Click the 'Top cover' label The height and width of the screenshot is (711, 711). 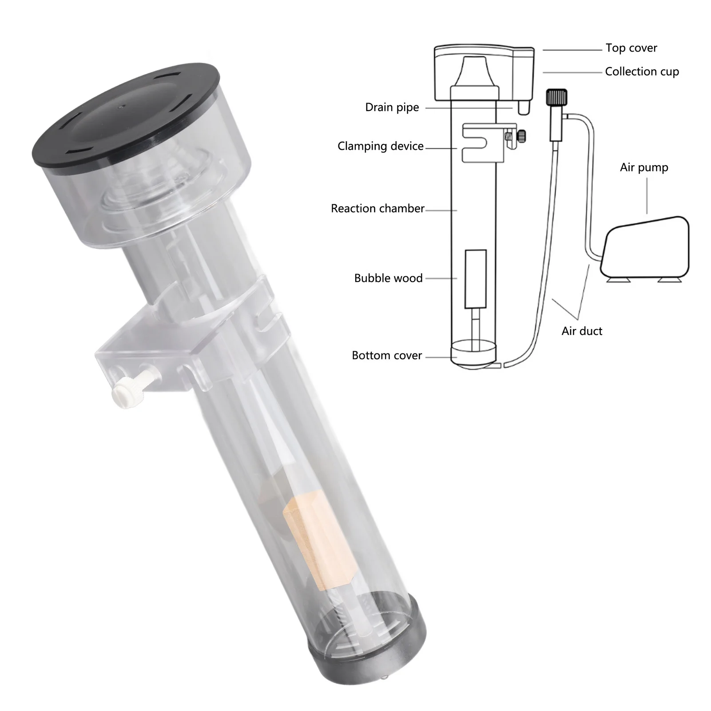(631, 48)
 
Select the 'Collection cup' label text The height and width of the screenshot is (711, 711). (642, 71)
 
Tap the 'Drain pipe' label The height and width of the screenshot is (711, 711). (392, 107)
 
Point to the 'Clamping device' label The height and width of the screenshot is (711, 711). (381, 146)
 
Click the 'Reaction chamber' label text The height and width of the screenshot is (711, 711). (377, 208)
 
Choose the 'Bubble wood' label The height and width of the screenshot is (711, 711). (388, 278)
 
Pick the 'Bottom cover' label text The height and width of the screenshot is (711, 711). (387, 355)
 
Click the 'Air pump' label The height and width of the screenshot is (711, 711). (644, 167)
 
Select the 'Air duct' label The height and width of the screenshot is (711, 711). (582, 331)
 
